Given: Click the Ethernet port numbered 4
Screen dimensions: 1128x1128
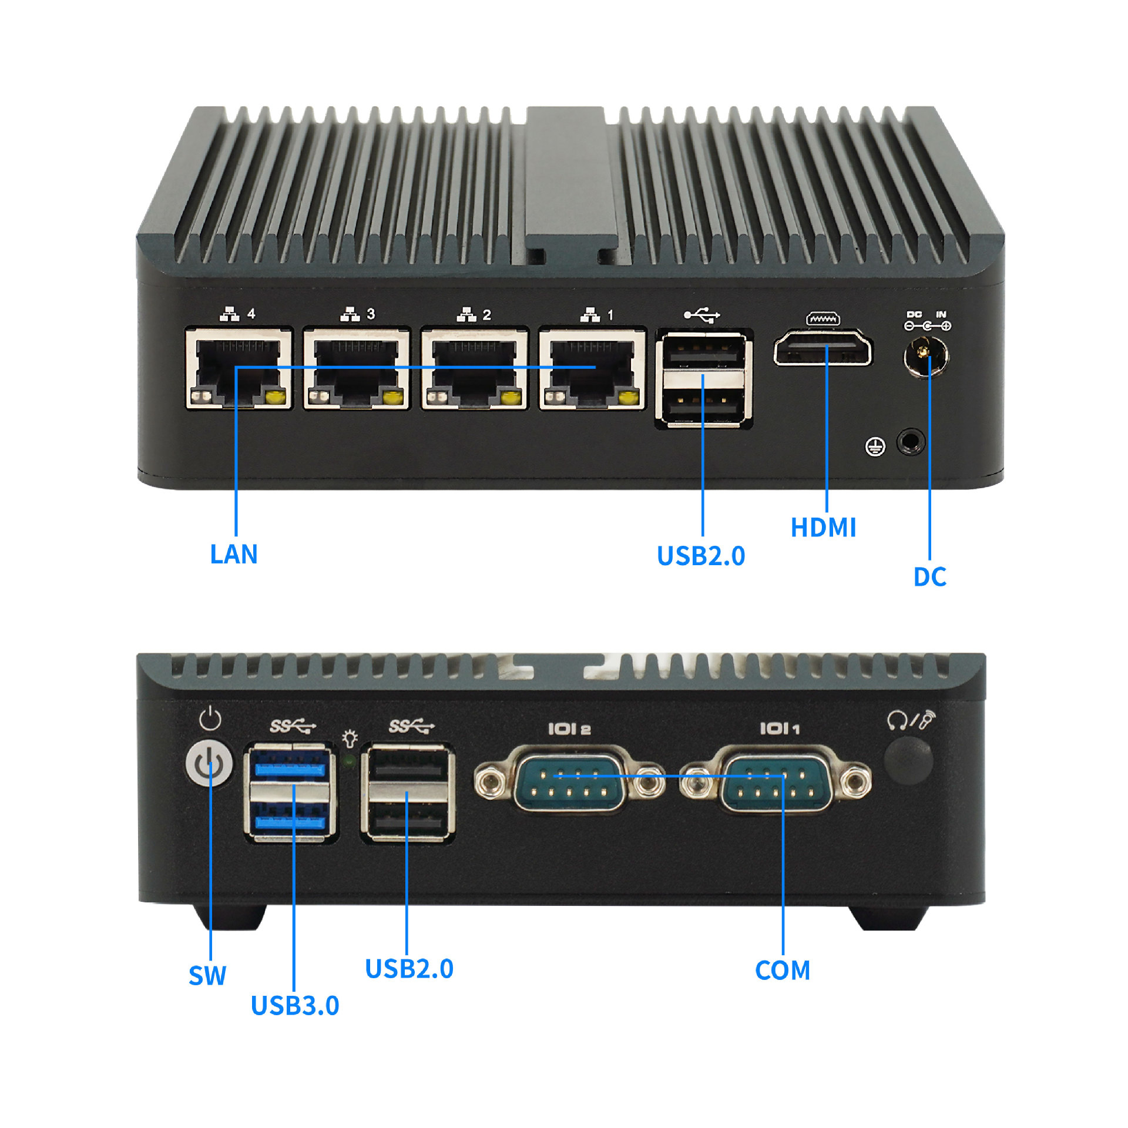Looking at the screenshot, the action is pos(239,369).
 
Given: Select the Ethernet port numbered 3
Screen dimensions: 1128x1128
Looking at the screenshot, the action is pos(356,369).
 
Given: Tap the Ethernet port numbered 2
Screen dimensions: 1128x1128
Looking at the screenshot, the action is pos(474,369).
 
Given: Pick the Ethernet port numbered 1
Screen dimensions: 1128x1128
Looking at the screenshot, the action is pos(592,369).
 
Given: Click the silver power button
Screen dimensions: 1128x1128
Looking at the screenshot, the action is pos(209,765).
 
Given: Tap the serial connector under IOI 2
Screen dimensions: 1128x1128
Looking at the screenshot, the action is pos(569,779).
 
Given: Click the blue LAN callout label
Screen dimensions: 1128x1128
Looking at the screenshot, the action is pos(234,554).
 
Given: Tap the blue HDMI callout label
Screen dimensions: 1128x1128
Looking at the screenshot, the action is pos(823,527).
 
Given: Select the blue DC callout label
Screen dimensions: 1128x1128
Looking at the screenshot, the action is pos(929,577).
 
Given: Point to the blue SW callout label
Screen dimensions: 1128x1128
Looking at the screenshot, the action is pos(207,975).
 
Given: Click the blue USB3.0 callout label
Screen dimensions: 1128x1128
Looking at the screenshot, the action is pos(295,1005).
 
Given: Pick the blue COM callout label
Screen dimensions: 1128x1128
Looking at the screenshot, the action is pos(783,971).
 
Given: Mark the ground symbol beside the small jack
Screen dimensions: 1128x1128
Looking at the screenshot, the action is pos(875,447).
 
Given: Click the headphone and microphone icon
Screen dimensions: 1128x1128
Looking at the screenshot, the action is pos(911,720).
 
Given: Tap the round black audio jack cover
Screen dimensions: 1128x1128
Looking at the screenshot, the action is pos(908,761).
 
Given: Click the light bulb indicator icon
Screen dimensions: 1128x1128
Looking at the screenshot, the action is pos(350,738).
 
